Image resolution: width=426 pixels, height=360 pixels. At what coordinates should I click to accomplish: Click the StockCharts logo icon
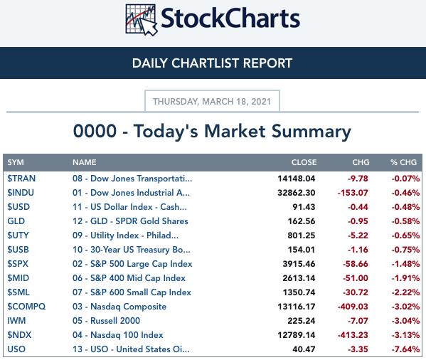142,20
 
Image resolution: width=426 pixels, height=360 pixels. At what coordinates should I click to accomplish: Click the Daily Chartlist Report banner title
212,63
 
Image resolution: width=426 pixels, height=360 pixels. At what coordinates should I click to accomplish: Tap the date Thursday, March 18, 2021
212,101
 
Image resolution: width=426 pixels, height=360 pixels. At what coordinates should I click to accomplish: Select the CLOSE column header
304,162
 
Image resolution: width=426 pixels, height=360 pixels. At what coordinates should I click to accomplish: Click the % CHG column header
403,162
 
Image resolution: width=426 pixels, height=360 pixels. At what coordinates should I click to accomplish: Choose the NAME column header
84,162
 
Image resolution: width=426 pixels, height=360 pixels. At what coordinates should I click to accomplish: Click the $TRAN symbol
21,179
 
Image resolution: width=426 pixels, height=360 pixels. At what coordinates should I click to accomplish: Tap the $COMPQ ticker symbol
26,307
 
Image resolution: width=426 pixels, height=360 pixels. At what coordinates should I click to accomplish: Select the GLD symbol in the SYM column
16,221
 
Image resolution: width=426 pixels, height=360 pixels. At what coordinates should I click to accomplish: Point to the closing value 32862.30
297,193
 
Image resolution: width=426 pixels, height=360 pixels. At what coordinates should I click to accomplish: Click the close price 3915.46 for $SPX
299,264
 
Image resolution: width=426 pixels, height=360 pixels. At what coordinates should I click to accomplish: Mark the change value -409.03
353,307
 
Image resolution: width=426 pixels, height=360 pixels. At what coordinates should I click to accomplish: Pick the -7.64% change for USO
405,349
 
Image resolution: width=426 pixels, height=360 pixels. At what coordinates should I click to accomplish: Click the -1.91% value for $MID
405,278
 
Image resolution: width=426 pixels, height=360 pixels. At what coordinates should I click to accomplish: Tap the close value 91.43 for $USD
304,207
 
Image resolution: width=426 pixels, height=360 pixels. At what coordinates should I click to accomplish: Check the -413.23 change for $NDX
353,335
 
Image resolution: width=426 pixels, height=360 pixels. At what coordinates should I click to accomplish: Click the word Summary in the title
311,132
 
